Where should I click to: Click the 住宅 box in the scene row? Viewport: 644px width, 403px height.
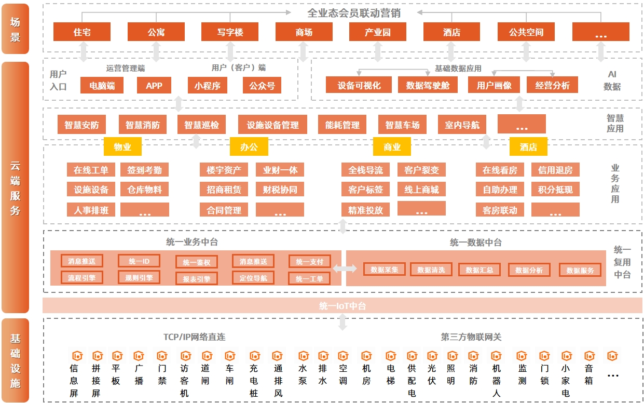82,32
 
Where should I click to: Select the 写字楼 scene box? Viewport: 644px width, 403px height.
230,32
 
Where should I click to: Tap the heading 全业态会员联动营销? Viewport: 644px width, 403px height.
354,13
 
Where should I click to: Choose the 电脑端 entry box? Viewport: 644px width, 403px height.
102,86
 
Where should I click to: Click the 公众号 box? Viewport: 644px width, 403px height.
262,86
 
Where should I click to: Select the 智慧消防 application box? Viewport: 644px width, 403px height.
143,125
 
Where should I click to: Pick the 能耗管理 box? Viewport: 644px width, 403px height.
342,125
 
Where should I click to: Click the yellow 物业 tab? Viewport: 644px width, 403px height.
122,147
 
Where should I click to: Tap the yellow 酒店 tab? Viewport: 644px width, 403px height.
528,147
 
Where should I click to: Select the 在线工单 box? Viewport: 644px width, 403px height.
91,170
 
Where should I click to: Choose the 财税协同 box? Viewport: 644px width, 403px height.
280,190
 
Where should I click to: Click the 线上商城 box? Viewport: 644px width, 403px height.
421,190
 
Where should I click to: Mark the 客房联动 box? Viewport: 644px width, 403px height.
500,210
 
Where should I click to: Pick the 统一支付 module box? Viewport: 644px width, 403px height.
309,262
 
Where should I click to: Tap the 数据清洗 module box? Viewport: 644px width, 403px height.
431,270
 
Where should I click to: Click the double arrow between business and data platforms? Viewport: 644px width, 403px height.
345,268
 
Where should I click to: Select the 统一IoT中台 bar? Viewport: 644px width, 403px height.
342,306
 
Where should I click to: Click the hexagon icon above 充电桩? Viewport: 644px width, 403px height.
254,356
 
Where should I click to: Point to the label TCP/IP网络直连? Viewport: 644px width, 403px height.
195,337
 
